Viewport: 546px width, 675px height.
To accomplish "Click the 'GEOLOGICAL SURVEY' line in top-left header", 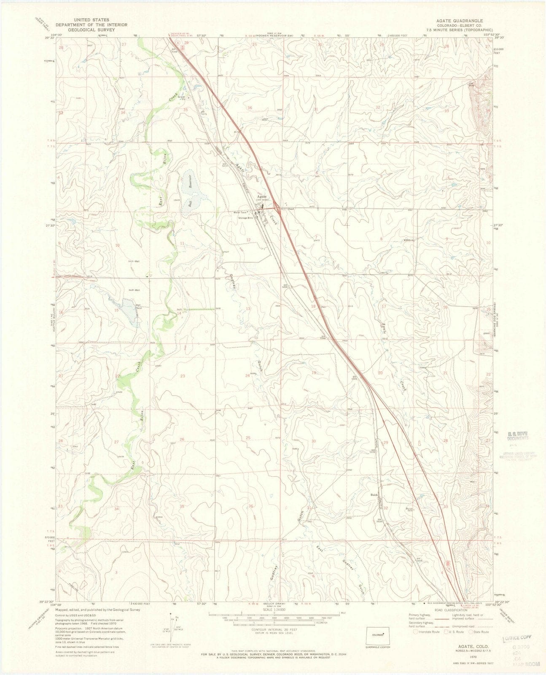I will (91, 30).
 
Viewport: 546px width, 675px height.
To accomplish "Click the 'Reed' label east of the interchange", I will (291, 208).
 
